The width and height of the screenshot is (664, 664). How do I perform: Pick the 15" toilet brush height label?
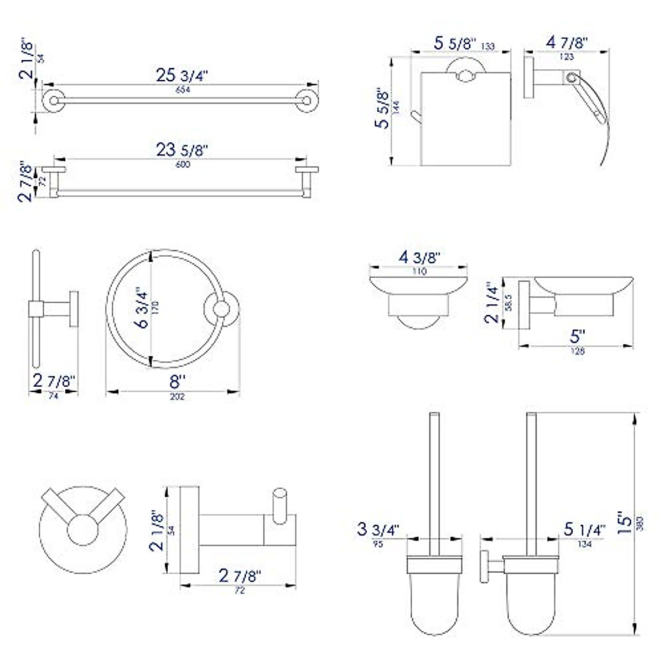[624, 521]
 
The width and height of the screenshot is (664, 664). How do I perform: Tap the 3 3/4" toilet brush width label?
[378, 529]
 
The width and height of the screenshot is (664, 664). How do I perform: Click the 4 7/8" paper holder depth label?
[567, 43]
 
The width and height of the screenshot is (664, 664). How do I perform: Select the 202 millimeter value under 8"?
[177, 397]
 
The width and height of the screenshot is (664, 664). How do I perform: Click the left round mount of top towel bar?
[54, 101]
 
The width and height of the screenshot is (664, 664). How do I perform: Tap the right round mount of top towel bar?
[307, 101]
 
